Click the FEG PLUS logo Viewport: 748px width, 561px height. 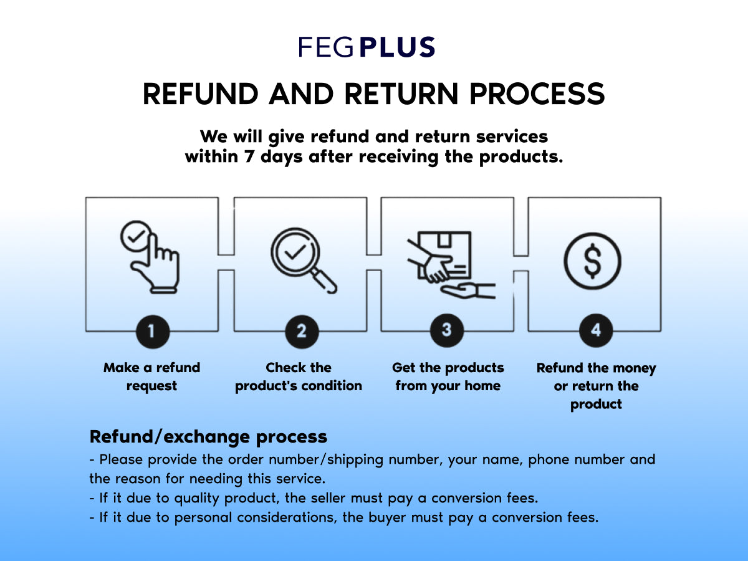pyautogui.click(x=367, y=47)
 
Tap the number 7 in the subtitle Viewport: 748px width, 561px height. pyautogui.click(x=250, y=156)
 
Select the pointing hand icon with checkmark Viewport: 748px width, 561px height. pyautogui.click(x=150, y=256)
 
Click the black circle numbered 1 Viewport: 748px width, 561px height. pyautogui.click(x=151, y=330)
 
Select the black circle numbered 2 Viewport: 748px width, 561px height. pyautogui.click(x=302, y=330)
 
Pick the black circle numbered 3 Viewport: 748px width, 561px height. pyautogui.click(x=446, y=330)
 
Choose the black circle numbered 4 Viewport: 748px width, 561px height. pyautogui.click(x=596, y=330)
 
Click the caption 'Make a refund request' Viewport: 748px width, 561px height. pyautogui.click(x=151, y=376)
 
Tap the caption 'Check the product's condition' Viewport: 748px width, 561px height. pyautogui.click(x=299, y=376)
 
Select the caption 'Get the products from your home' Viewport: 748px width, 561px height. pyautogui.click(x=448, y=376)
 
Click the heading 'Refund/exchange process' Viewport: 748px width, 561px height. pyautogui.click(x=208, y=436)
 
